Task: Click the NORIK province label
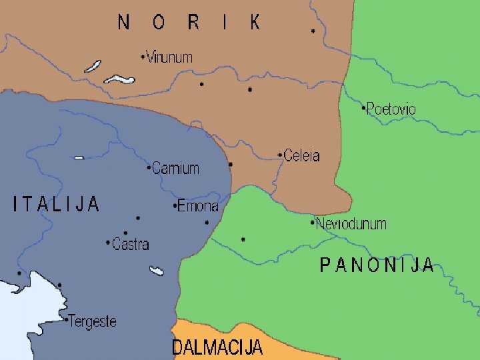(189, 23)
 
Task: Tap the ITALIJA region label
(57, 204)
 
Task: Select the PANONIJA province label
(377, 266)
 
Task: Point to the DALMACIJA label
(217, 347)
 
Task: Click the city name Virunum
(169, 57)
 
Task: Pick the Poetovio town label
(392, 109)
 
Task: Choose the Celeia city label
(302, 156)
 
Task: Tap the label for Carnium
(176, 168)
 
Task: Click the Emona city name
(198, 206)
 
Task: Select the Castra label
(131, 245)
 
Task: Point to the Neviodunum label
(351, 224)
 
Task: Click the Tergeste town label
(93, 321)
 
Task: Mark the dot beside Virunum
(143, 57)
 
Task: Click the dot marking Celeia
(280, 156)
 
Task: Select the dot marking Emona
(175, 206)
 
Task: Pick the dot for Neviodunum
(313, 223)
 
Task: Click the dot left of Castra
(109, 243)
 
